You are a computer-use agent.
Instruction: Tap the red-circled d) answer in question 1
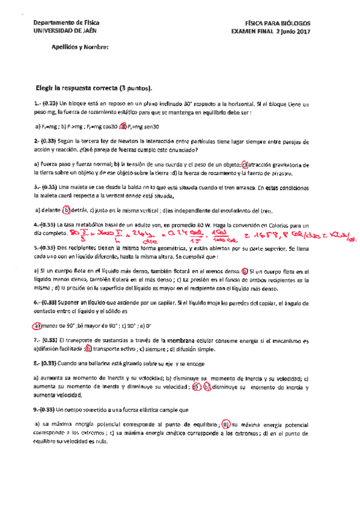[123, 126]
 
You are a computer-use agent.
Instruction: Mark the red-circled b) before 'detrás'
[67, 210]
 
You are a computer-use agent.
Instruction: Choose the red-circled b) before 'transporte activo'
[88, 348]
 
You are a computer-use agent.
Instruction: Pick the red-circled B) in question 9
[226, 425]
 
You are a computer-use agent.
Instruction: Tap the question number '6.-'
[37, 303]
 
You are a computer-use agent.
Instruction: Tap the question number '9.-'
[37, 410]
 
